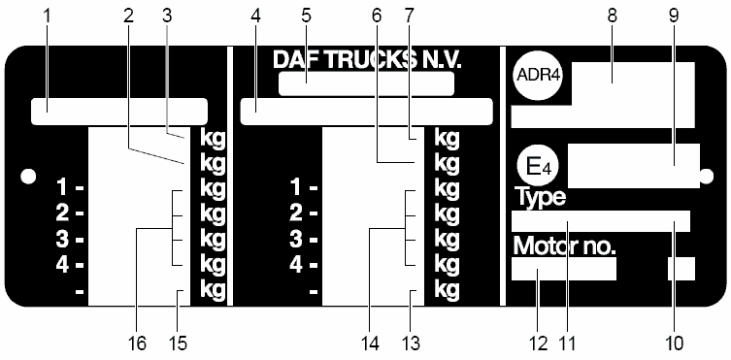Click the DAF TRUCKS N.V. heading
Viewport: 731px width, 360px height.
(x=367, y=60)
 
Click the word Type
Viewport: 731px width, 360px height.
(x=540, y=198)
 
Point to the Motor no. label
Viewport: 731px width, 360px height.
(x=564, y=245)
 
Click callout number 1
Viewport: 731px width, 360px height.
(x=47, y=16)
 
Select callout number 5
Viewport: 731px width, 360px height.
(x=306, y=16)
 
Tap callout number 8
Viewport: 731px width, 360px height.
(x=613, y=16)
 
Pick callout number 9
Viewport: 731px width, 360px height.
(x=674, y=16)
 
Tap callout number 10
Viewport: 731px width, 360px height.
(x=674, y=344)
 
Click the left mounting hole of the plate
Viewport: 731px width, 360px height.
(x=28, y=176)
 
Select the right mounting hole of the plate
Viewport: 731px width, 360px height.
(x=707, y=176)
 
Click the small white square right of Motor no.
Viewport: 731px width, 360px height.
(x=681, y=269)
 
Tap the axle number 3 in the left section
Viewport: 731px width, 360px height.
(x=61, y=241)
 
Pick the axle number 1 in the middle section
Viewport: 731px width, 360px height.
(x=296, y=188)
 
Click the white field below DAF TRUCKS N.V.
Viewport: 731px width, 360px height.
(x=366, y=83)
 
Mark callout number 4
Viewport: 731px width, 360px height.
(x=255, y=16)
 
